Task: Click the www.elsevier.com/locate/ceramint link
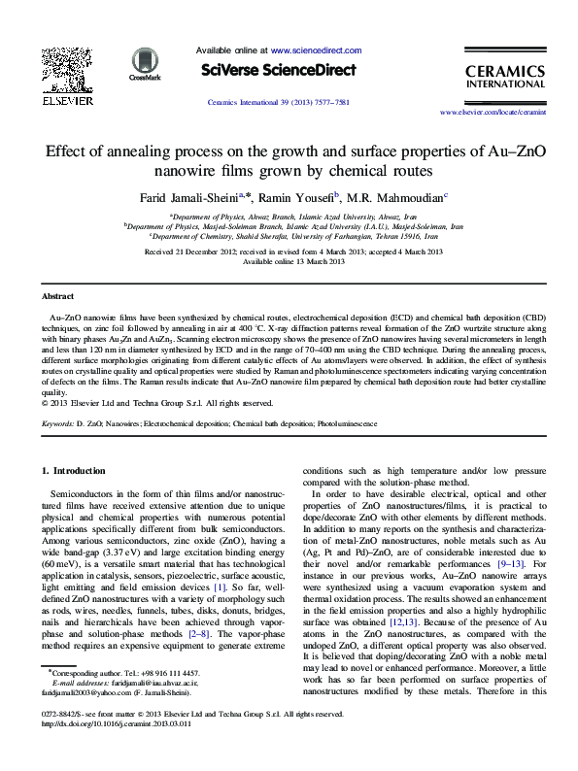point(501,114)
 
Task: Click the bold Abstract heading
point(58,295)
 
